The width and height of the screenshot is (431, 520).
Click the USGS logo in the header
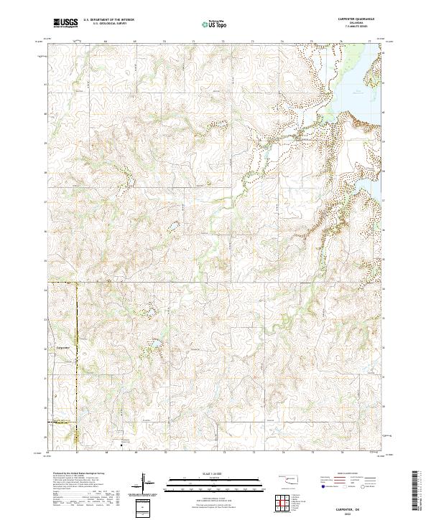66,23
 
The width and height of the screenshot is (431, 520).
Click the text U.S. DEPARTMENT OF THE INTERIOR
108,20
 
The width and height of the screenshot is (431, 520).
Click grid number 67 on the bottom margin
77,453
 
